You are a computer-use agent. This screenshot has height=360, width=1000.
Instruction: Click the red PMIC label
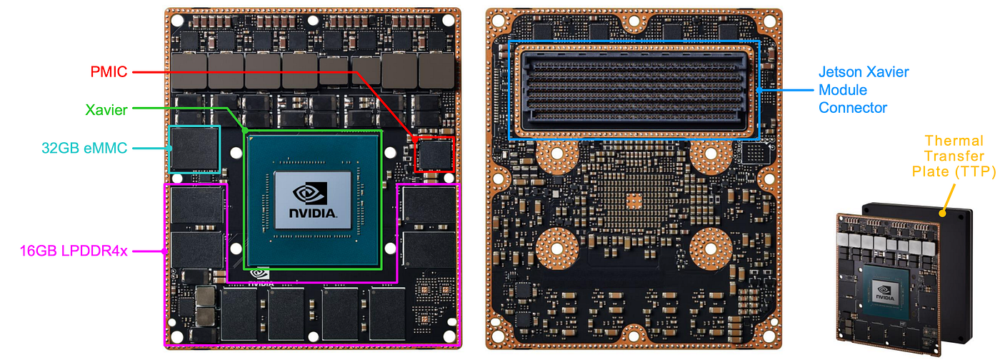pyautogui.click(x=109, y=72)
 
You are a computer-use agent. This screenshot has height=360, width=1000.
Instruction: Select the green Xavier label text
pyautogui.click(x=106, y=110)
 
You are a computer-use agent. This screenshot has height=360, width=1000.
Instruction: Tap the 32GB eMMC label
pyautogui.click(x=84, y=148)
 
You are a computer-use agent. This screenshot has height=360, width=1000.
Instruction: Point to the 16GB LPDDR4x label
pyautogui.click(x=74, y=251)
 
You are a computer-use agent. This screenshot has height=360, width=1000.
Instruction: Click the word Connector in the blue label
pyautogui.click(x=853, y=108)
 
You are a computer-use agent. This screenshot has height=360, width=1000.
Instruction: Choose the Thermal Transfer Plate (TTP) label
pyautogui.click(x=954, y=156)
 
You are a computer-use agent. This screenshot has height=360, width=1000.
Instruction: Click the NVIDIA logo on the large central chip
pyautogui.click(x=313, y=200)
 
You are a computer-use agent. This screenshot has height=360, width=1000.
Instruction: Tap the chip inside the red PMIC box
pyautogui.click(x=435, y=154)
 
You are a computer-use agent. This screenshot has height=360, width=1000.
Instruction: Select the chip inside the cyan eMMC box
pyautogui.click(x=194, y=149)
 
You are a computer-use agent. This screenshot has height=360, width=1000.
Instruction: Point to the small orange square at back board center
pyautogui.click(x=634, y=202)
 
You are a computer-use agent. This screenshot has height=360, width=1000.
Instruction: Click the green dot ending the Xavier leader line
pyautogui.click(x=245, y=131)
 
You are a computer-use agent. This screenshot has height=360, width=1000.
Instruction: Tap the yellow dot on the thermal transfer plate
pyautogui.click(x=942, y=213)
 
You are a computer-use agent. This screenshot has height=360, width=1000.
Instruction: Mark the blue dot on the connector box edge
pyautogui.click(x=759, y=90)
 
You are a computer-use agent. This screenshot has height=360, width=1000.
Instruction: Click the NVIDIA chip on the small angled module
pyautogui.click(x=885, y=291)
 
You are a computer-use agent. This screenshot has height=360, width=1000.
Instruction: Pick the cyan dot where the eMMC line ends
pyautogui.click(x=170, y=148)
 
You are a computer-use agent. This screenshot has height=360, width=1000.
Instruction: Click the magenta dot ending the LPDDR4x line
pyautogui.click(x=165, y=251)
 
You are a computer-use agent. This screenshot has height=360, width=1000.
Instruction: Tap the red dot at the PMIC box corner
pyautogui.click(x=415, y=139)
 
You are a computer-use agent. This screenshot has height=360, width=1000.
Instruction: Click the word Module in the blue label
pyautogui.click(x=843, y=90)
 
